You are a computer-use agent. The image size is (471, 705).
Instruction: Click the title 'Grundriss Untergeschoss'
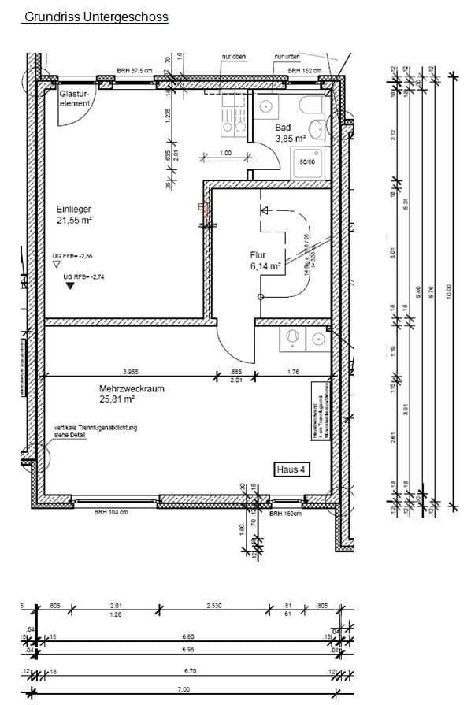96,17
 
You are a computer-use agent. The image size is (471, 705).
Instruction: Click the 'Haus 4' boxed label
291,469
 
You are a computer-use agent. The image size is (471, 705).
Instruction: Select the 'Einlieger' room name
74,210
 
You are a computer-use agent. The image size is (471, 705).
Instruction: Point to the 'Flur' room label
259,255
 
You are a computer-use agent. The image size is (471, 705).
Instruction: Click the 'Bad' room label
284,128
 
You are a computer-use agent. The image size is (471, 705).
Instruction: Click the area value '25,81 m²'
117,399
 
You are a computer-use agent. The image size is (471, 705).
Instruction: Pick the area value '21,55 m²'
74,221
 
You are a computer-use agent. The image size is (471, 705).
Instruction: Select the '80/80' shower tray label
308,161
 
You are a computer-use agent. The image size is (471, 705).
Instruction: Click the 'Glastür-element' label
76,98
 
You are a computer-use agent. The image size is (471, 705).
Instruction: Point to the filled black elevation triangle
71,286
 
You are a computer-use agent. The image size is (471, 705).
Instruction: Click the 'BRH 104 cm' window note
110,513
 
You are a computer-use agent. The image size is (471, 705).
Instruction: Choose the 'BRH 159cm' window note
285,514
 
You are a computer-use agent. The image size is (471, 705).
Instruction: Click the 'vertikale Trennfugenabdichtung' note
95,428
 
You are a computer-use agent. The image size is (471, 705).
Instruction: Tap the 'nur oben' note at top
235,57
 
